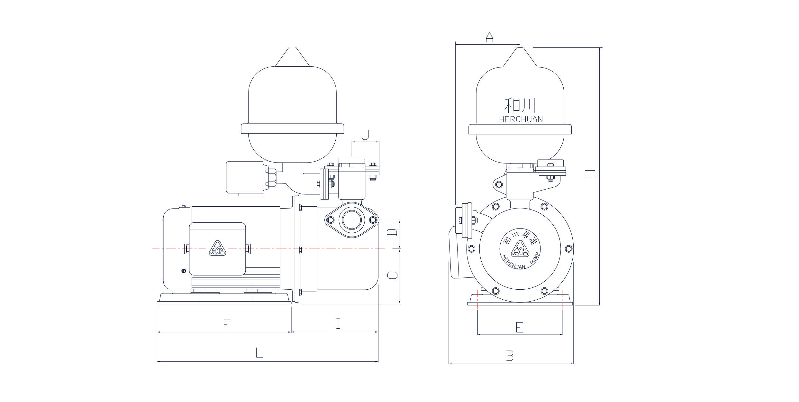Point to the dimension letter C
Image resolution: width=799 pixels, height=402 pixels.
pos(392,275)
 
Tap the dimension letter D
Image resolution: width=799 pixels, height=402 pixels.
pos(392,233)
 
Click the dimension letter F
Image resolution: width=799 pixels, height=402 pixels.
pos(227,324)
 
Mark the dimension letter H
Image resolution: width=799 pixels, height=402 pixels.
pos(590,174)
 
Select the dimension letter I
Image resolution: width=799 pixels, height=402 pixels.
pos(338,324)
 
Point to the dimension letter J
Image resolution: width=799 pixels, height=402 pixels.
pos(365,135)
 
